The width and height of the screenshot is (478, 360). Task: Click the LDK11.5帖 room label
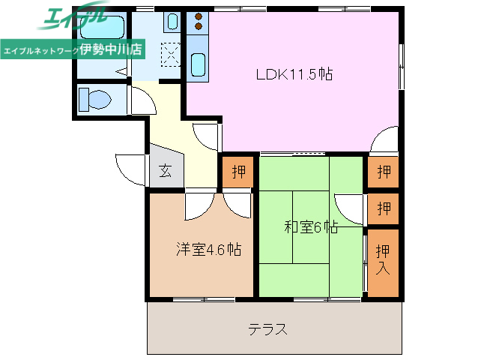pyautogui.click(x=294, y=74)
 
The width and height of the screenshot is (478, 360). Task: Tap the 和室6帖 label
pyautogui.click(x=311, y=227)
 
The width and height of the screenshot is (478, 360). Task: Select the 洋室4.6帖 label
pyautogui.click(x=208, y=249)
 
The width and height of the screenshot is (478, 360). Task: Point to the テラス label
pyautogui.click(x=268, y=328)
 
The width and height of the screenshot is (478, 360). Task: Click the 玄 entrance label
pyautogui.click(x=165, y=171)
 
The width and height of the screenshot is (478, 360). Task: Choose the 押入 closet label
pyautogui.click(x=383, y=258)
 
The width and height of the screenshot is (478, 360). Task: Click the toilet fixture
pyautogui.click(x=95, y=99)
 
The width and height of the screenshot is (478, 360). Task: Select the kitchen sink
pyautogui.click(x=199, y=65)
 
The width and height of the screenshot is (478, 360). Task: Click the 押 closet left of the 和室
pyautogui.click(x=238, y=172)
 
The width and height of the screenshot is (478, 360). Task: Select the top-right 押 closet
pyautogui.click(x=384, y=172)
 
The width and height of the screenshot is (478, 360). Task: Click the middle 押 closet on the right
pyautogui.click(x=384, y=208)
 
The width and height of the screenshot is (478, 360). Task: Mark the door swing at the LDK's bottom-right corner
pyautogui.click(x=385, y=140)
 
